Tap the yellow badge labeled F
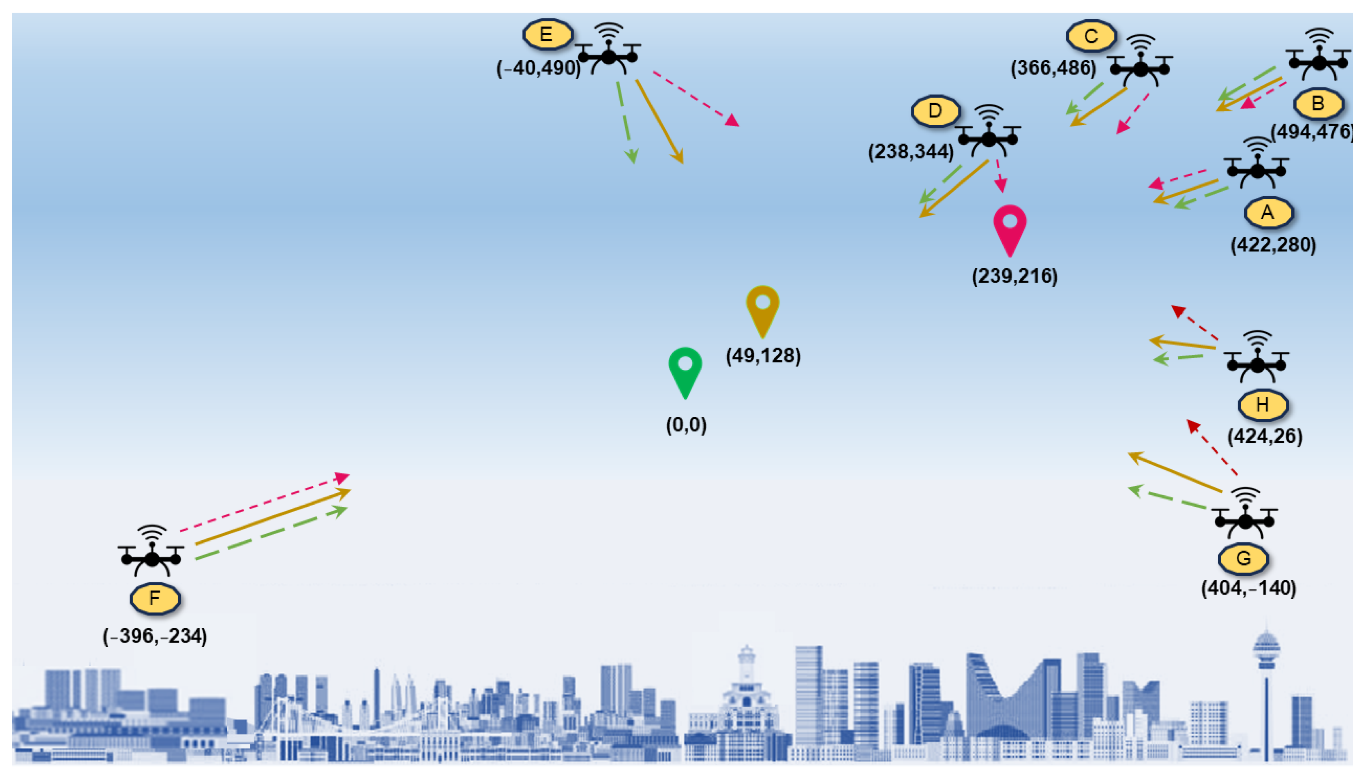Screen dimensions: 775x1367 (x=155, y=598)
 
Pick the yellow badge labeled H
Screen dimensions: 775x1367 (x=1263, y=405)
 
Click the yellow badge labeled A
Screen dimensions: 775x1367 (x=1268, y=212)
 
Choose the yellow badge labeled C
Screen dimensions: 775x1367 (x=1091, y=36)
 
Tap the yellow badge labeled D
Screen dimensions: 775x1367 (x=935, y=111)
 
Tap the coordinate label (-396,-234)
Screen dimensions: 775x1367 (x=155, y=636)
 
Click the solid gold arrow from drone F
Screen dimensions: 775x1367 (x=272, y=517)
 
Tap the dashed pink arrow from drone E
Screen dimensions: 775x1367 (x=695, y=99)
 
